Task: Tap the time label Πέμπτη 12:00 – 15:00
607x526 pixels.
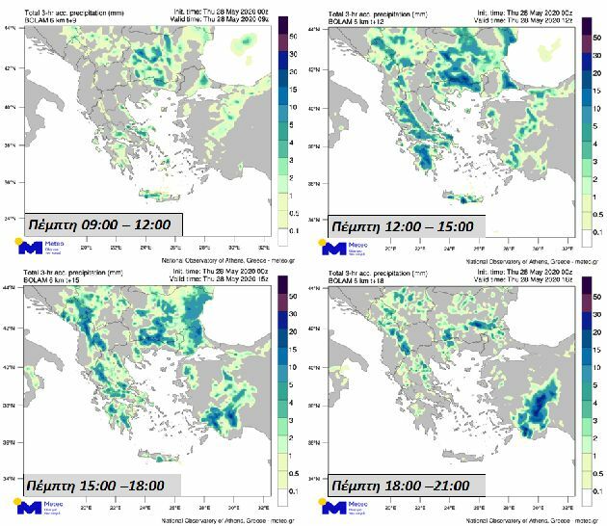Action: pos(402,226)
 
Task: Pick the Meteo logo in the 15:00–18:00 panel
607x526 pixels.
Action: pos(35,506)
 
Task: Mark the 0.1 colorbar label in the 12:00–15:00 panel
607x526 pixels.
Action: pos(597,232)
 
